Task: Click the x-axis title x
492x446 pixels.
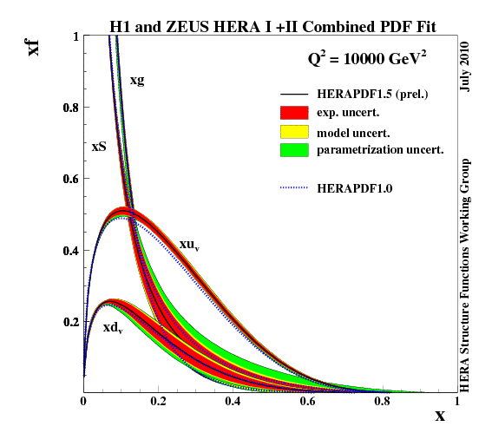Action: point(439,416)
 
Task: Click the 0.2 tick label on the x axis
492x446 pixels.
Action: point(157,402)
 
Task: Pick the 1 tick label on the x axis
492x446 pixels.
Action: point(456,402)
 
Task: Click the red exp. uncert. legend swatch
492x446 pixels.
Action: point(295,112)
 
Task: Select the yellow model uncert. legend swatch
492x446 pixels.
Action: point(295,131)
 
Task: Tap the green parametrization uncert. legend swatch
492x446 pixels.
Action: point(295,149)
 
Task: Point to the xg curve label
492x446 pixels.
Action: point(137,80)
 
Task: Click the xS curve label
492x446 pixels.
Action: point(98,147)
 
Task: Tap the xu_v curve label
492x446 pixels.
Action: point(189,246)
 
